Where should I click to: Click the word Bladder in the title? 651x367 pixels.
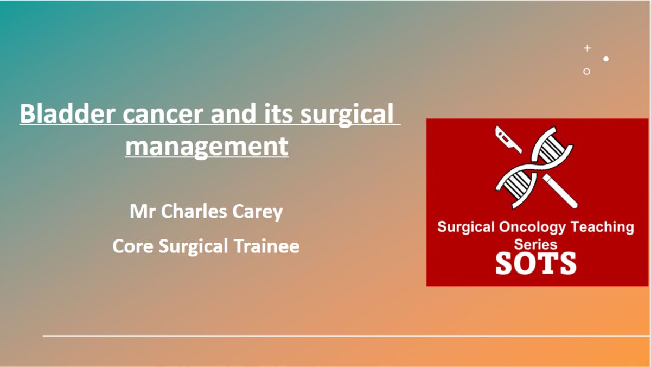click(x=67, y=113)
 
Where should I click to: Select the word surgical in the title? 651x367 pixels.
click(x=347, y=116)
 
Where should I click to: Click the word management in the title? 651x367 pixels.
click(x=207, y=147)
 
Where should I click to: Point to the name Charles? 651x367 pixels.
click(x=194, y=211)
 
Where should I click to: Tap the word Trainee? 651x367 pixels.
click(x=266, y=246)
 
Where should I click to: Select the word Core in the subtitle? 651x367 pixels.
click(x=133, y=246)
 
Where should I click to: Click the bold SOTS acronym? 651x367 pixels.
click(x=535, y=263)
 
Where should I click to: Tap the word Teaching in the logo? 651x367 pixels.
click(x=602, y=227)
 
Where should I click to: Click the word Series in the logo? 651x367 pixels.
click(x=535, y=244)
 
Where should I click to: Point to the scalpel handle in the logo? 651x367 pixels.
click(x=560, y=191)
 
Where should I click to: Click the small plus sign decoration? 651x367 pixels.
click(x=588, y=48)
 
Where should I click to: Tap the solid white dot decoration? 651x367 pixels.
click(x=606, y=59)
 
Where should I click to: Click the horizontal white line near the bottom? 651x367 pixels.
click(x=347, y=336)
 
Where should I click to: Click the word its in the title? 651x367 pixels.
click(x=278, y=114)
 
